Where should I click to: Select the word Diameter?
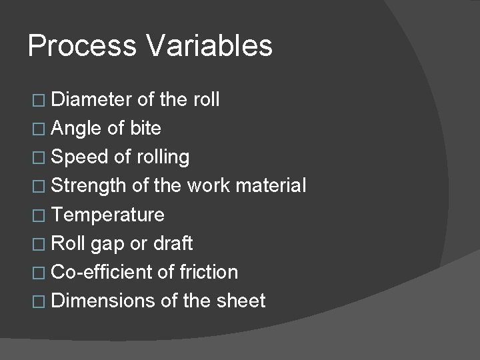click(x=92, y=100)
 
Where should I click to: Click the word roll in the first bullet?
click(x=205, y=100)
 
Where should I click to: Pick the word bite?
click(x=145, y=129)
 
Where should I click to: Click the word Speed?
click(x=77, y=157)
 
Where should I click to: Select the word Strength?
click(x=89, y=186)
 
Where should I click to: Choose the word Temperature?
click(x=107, y=215)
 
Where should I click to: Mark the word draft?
click(x=173, y=243)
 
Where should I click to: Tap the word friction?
click(x=208, y=272)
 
